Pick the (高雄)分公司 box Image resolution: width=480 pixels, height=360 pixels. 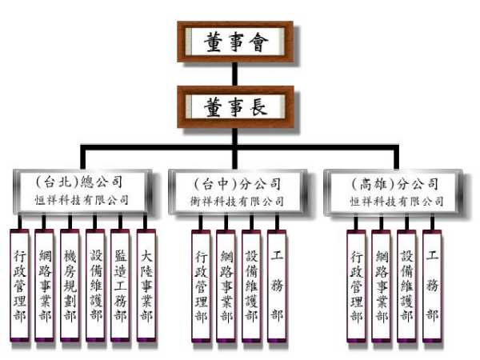coord(395,191)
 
